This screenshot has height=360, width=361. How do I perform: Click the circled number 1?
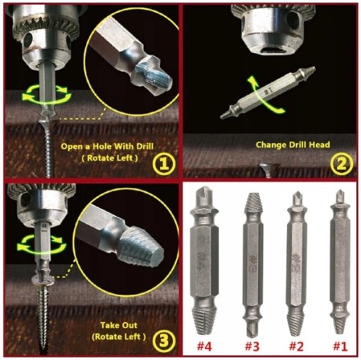point(164,164)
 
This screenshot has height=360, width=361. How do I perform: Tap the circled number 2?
point(341,164)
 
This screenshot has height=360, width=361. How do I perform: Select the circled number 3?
point(164,340)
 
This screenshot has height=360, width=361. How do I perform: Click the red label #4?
point(204,347)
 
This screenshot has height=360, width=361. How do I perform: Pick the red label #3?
point(252,347)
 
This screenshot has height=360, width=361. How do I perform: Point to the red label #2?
point(296,347)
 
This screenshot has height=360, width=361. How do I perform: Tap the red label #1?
point(340,347)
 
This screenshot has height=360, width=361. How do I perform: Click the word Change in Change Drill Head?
point(269,145)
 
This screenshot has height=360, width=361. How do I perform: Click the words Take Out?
point(118,325)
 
